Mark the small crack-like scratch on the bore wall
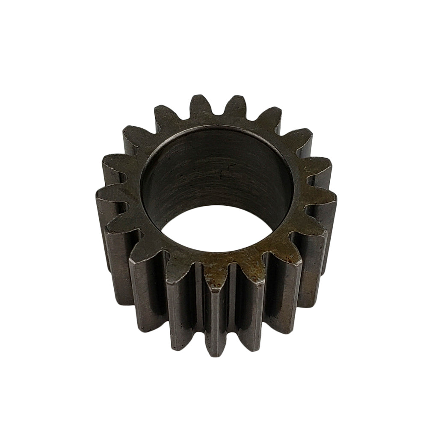pos(220,173)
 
